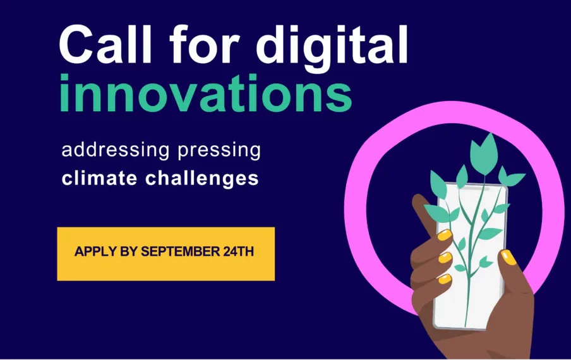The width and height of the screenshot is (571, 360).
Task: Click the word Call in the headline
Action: point(105,44)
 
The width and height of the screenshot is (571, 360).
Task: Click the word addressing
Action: point(116,150)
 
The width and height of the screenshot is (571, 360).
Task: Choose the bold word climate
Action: point(99,178)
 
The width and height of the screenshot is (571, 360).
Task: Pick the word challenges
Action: point(202,179)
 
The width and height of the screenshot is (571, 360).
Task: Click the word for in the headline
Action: point(204,44)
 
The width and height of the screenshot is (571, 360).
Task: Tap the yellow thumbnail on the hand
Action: point(508,257)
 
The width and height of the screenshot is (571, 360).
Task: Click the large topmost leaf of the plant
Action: point(484,153)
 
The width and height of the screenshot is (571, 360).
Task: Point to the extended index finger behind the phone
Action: point(424,215)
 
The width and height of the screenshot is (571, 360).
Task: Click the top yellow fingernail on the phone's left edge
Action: point(445,235)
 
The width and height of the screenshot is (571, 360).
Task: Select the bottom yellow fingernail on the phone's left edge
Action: point(445,279)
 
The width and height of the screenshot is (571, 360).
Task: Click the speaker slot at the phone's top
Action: point(472,189)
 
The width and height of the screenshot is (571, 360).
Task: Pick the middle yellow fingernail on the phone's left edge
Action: point(445,258)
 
